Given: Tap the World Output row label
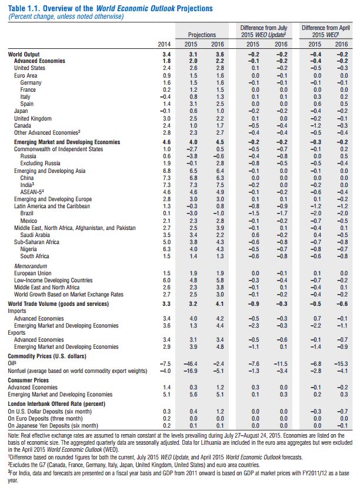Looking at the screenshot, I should tap(25, 54).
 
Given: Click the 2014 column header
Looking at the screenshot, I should tap(165, 44).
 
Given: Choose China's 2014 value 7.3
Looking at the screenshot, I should tap(166, 176).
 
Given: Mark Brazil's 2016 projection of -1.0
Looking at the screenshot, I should tap(218, 212).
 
